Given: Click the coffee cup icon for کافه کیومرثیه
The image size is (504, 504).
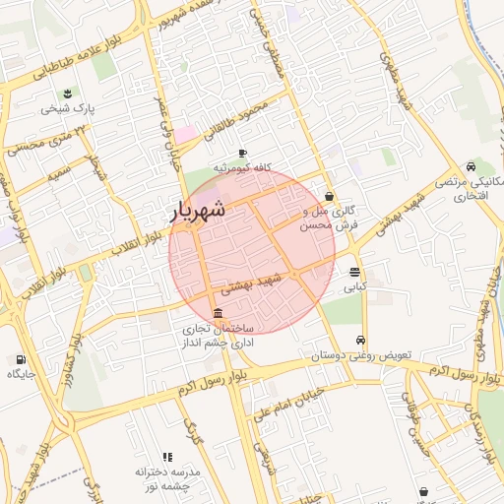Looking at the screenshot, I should pos(242,154).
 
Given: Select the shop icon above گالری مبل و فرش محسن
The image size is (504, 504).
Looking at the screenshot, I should pos(329,196).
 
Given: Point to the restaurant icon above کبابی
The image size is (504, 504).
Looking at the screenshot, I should pos(354,273).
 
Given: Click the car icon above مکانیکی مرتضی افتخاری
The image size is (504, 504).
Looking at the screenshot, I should pos(472,166).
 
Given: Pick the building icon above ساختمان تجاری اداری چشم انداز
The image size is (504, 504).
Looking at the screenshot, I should pos(217,313).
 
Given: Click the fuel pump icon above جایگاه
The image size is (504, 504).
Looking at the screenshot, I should pos(22,359).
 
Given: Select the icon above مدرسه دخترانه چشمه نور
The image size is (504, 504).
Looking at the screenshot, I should pos(167,458).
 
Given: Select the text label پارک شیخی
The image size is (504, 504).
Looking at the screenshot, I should pos(66,108).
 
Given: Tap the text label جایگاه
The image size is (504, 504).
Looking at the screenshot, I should pos(22,374).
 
